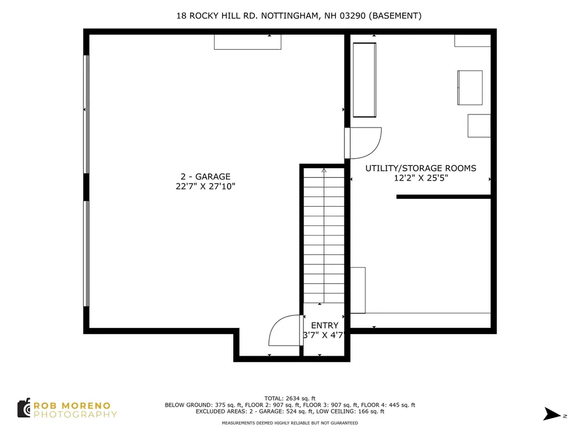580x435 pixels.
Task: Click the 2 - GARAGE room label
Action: tap(205, 177)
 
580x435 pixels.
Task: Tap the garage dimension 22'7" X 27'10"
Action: tap(205, 186)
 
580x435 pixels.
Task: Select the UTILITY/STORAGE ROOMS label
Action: tap(421, 168)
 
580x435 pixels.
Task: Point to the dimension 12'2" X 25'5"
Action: tap(421, 178)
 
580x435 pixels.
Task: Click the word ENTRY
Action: tap(325, 326)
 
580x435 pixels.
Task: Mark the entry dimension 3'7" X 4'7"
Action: tap(324, 335)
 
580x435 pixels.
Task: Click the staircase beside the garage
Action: tap(324, 236)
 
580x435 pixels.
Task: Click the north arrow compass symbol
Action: tap(552, 414)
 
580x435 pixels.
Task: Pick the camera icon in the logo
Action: tap(24, 408)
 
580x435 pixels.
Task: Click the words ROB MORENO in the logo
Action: tap(72, 406)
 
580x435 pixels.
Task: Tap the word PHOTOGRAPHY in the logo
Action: tap(75, 414)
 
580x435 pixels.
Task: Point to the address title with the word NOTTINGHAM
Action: tap(299, 15)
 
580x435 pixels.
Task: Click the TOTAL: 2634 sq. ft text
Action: tap(289, 398)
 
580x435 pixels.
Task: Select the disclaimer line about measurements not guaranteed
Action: tap(289, 423)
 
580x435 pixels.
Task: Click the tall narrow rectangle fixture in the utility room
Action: tap(364, 80)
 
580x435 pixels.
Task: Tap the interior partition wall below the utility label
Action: tap(443, 197)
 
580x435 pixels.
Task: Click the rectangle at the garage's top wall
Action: tap(248, 42)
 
